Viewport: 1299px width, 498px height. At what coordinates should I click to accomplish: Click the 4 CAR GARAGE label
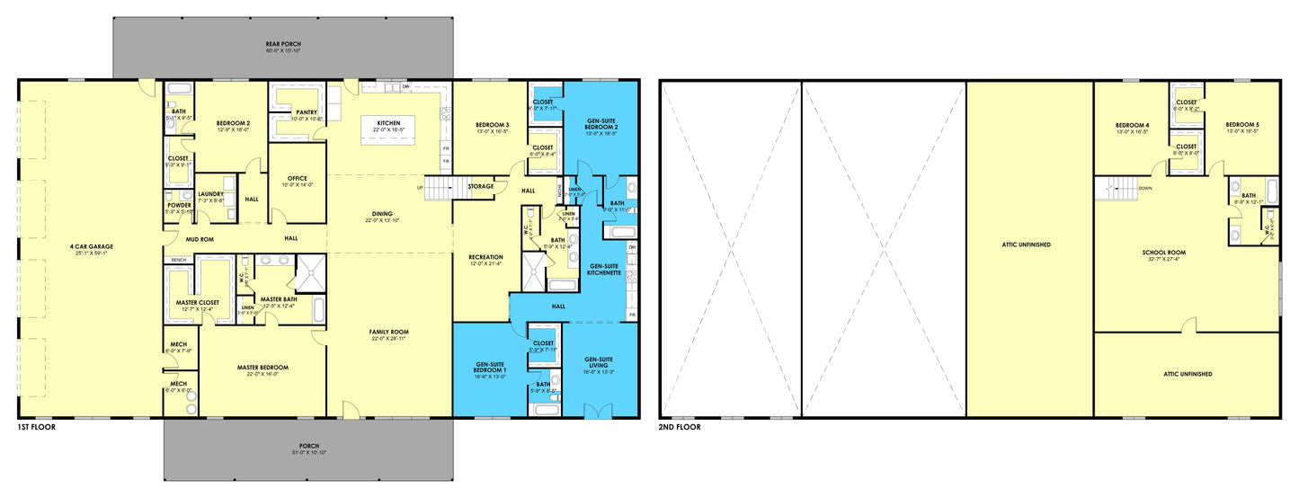[91, 246]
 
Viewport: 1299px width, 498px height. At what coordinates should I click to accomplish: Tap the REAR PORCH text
[283, 43]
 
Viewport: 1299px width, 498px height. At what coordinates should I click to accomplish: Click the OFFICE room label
[298, 178]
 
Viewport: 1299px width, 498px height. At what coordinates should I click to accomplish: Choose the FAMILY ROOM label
[388, 332]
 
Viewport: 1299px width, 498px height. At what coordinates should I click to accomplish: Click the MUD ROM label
[200, 238]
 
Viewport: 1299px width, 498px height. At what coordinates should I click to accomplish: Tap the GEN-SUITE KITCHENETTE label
[604, 267]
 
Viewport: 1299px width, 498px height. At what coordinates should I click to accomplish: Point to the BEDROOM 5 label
[1241, 125]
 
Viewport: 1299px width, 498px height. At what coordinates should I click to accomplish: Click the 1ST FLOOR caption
[36, 427]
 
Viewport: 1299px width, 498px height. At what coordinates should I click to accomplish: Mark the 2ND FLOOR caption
[681, 427]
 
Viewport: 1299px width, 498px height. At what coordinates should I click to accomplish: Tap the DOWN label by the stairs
[1145, 189]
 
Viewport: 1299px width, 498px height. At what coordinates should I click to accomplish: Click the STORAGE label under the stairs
[480, 187]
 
